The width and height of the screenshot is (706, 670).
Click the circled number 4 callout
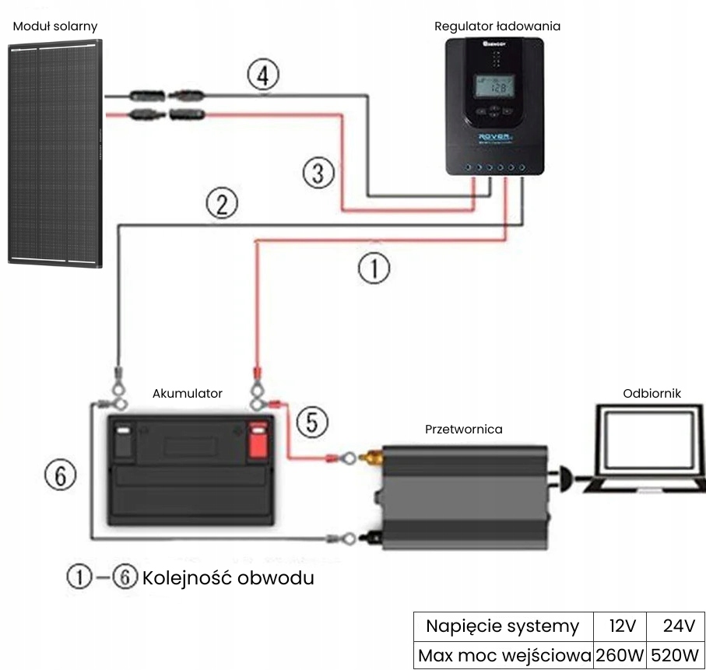pyautogui.click(x=263, y=76)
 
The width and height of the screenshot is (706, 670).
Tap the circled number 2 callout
pyautogui.click(x=222, y=205)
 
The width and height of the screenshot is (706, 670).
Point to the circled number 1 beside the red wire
pyautogui.click(x=374, y=268)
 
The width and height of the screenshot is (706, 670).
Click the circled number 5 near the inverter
pyautogui.click(x=312, y=423)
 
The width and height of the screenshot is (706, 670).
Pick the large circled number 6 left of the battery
pyautogui.click(x=61, y=475)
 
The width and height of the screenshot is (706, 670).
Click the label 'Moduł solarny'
pyautogui.click(x=55, y=26)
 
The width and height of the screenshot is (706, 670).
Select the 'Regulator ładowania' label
pyautogui.click(x=497, y=26)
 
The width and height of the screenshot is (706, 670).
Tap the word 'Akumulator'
pyautogui.click(x=188, y=394)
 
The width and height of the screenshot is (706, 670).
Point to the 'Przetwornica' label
pyautogui.click(x=464, y=429)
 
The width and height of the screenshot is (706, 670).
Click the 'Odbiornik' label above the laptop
pyautogui.click(x=652, y=394)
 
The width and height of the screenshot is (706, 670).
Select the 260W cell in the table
pyautogui.click(x=619, y=654)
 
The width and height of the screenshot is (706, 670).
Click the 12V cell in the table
pyautogui.click(x=619, y=626)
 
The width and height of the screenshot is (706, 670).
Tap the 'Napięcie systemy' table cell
pyautogui.click(x=502, y=626)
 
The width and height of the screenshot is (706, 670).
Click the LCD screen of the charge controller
pyautogui.click(x=494, y=87)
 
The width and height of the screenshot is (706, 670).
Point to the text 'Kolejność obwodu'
pyautogui.click(x=228, y=578)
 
